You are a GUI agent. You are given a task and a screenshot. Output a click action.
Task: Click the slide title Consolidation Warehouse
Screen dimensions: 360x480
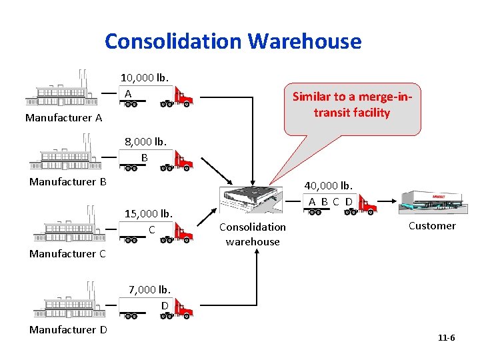233,41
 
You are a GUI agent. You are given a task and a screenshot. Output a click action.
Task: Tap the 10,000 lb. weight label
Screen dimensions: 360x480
145,77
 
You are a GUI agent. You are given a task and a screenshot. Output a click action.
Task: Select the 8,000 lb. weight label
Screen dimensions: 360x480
145,141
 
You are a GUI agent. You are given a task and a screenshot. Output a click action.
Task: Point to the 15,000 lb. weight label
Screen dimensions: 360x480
149,213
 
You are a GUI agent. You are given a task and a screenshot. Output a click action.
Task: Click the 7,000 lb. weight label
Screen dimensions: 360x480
150,289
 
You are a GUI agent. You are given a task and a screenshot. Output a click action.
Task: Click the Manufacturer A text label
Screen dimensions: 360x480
63,118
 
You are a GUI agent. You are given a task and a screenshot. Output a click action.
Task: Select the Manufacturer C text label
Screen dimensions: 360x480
67,253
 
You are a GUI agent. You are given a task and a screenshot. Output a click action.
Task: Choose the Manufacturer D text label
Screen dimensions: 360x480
67,329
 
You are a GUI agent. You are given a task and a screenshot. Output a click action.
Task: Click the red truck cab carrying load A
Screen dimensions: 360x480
183,98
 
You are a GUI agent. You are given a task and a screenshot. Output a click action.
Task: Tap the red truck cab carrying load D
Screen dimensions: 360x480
183,309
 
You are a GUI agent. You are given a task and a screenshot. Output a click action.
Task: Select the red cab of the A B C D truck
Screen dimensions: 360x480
367,205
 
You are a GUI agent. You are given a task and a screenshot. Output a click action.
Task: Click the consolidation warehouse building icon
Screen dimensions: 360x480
252,199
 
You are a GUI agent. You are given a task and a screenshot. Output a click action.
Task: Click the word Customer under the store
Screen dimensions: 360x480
432,225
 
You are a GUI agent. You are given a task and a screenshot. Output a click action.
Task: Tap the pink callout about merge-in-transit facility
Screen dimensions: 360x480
352,105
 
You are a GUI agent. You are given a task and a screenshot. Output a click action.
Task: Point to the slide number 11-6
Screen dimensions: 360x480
446,338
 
